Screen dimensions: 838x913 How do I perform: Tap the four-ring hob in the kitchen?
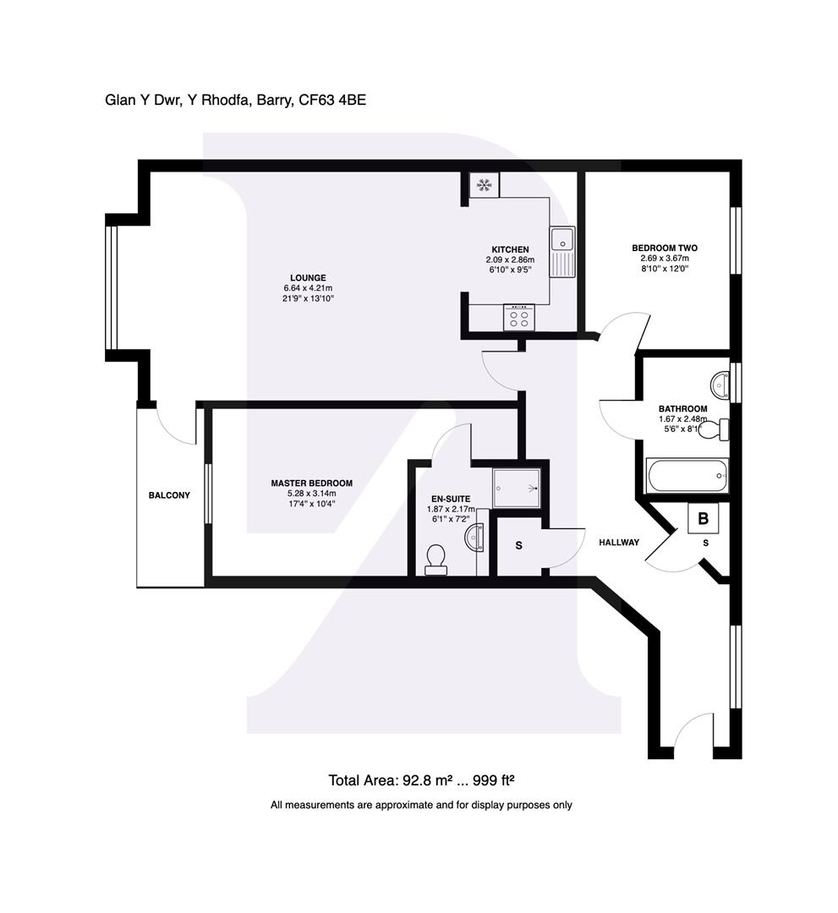click(519, 317)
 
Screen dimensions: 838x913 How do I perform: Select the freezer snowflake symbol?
click(484, 185)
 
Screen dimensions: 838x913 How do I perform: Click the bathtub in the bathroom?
click(687, 476)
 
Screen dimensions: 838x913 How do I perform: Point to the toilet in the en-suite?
click(435, 560)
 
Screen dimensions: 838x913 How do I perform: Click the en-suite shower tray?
click(517, 488)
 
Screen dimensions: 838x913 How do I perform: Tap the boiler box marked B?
click(703, 518)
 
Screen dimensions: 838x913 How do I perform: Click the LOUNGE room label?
click(308, 278)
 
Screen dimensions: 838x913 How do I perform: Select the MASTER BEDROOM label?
click(311, 483)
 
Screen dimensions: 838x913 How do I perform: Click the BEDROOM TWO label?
click(665, 248)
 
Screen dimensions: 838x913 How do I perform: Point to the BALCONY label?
click(169, 495)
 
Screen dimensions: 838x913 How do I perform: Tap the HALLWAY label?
click(619, 542)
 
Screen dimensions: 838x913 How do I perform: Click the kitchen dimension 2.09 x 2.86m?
click(510, 260)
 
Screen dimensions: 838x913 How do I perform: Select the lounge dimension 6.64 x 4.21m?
click(308, 288)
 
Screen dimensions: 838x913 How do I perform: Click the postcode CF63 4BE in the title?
click(332, 100)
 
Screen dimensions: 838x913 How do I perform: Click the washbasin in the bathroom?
click(720, 385)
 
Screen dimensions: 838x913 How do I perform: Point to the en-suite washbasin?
click(475, 537)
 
